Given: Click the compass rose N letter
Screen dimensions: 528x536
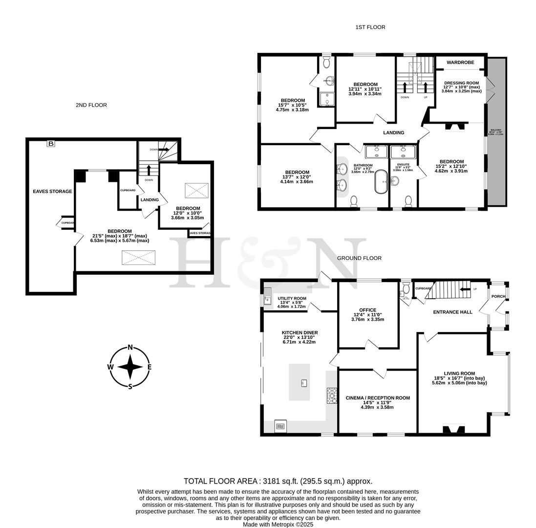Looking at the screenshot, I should (x=130, y=348).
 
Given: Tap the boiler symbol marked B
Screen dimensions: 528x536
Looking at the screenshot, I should (x=50, y=144).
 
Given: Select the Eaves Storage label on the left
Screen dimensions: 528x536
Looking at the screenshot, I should (x=52, y=192).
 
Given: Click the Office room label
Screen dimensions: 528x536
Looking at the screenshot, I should (x=367, y=310).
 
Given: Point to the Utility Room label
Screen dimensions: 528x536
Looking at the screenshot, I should (x=292, y=299).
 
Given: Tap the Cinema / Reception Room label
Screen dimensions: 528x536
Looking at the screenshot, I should (x=377, y=398).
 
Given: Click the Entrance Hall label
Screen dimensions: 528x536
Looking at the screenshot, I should (x=452, y=312).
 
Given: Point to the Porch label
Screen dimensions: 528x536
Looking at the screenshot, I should (x=498, y=296).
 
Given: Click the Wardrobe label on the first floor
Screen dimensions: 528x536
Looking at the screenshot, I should (x=460, y=63).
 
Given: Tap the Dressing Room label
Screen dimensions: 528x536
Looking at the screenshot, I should (x=461, y=83).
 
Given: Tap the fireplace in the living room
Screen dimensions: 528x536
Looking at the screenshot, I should (x=453, y=429).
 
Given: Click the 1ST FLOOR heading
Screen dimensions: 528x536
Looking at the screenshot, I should (x=370, y=27).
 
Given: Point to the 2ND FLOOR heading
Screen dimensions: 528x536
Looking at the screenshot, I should (x=91, y=105).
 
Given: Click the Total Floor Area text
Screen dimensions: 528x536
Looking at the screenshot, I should (x=278, y=481).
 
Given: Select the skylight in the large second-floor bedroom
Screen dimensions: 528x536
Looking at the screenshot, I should (x=138, y=257).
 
